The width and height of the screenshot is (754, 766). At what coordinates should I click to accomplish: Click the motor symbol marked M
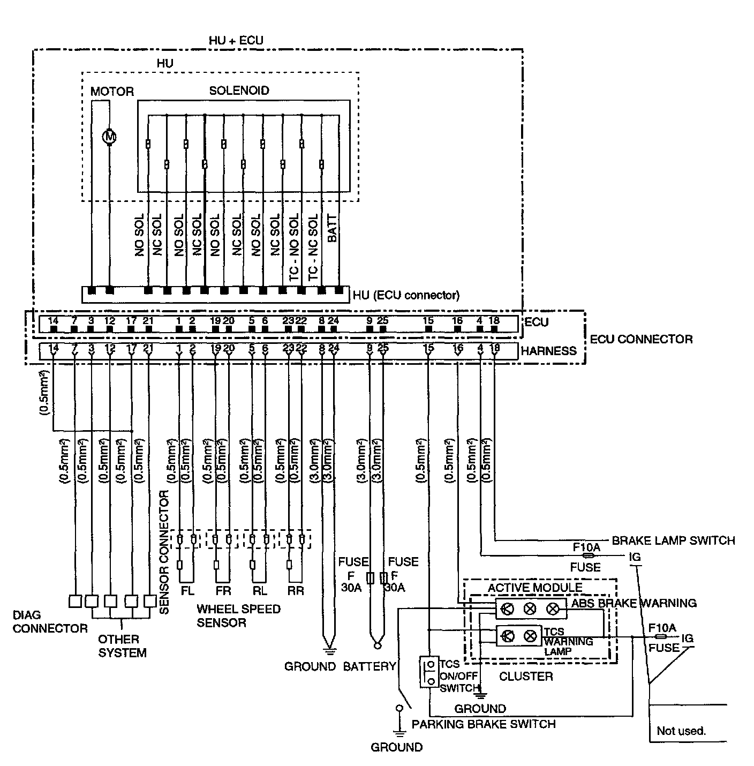click(110, 137)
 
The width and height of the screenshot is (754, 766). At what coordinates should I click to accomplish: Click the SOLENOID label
click(239, 91)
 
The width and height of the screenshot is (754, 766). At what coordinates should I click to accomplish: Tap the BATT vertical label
click(331, 229)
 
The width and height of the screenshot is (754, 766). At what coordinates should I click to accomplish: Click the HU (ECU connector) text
click(405, 295)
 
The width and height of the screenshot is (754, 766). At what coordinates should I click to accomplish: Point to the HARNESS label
click(548, 351)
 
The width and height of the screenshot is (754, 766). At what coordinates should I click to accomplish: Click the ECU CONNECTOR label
click(640, 339)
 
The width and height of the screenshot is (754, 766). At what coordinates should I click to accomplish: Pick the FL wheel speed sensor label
click(187, 591)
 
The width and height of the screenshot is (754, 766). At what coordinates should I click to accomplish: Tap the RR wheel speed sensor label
click(296, 591)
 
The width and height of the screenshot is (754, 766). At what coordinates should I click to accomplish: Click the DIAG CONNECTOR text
click(50, 622)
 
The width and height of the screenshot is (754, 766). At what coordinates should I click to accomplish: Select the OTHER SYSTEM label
click(122, 646)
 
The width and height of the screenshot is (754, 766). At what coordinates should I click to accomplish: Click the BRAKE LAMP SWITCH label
click(673, 540)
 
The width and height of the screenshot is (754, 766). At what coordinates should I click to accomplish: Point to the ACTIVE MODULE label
click(534, 588)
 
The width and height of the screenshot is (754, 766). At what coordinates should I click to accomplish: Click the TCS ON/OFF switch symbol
click(429, 672)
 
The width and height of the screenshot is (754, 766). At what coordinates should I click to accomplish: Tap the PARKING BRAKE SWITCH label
click(483, 724)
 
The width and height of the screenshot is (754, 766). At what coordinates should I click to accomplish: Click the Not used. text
click(681, 731)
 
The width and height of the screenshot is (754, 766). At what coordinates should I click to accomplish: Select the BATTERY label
click(369, 666)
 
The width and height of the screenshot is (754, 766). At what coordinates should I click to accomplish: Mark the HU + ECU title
click(236, 41)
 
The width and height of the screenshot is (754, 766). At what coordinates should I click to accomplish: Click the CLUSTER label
click(525, 677)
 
